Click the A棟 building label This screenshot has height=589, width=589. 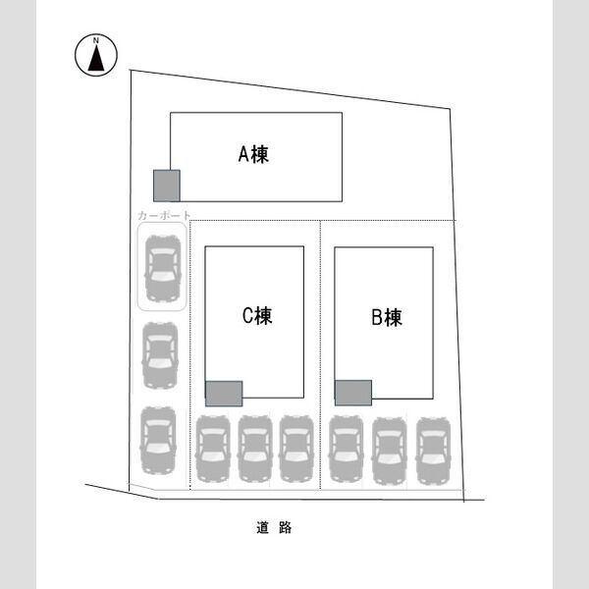pos(253,154)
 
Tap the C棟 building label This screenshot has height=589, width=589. pos(257,315)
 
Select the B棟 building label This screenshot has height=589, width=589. pos(387,317)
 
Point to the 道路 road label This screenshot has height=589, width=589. pos(274,527)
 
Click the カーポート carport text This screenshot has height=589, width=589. pos(165,216)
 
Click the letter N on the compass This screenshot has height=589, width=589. pos(96,40)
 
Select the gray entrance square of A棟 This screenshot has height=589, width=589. pos(167,186)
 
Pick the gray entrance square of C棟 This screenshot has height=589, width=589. pos(224,394)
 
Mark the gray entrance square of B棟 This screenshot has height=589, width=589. pos(353,393)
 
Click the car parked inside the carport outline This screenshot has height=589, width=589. pos(163,268)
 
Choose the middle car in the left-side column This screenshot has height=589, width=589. pos(160,355)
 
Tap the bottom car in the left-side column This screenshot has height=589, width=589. pos(158,440)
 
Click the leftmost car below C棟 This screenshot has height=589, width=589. pos(213,449)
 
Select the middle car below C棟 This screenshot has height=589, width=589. pos(255,449)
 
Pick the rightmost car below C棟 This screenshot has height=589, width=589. pos(296,449)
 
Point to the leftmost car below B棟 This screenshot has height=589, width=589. pos(347,449)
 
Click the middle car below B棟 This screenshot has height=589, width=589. pos(390,451)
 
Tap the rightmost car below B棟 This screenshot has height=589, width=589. pos(434,451)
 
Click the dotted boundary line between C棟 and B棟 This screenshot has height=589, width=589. pos(320,355)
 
